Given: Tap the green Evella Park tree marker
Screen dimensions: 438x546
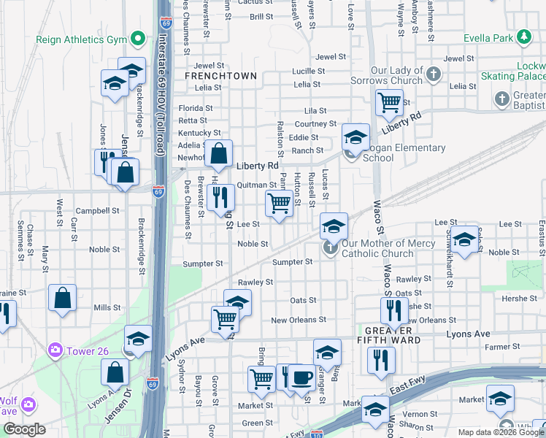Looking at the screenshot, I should pos(523,36).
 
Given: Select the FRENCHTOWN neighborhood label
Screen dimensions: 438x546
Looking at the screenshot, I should pos(220,76).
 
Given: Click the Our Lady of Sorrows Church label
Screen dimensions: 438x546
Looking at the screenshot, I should pos(396,75).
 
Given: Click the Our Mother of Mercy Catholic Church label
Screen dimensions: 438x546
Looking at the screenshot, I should pos(379,249).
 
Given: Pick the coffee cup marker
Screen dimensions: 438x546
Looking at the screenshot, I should pos(302,377).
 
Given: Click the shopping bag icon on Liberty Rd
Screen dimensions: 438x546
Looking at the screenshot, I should pos(218,153).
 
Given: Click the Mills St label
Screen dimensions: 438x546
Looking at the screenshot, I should pos(107,308).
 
